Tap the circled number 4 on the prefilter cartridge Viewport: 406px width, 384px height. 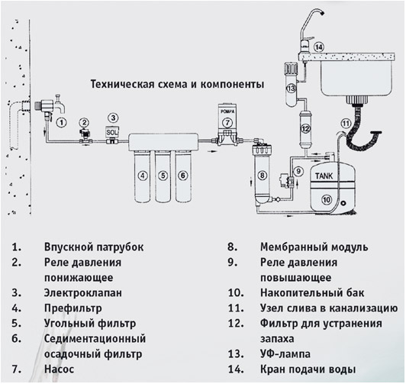pos(141,175)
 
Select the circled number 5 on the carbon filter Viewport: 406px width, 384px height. pos(161,175)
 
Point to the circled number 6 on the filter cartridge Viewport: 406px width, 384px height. pos(182,175)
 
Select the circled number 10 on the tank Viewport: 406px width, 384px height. pos(327,201)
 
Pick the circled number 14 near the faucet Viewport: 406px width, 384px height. pos(318,47)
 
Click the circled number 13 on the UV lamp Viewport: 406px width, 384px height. pos(291,89)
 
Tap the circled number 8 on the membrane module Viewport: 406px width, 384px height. pos(262,175)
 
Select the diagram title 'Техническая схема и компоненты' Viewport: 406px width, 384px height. pos(177,84)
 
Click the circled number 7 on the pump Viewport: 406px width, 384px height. pos(227,123)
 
